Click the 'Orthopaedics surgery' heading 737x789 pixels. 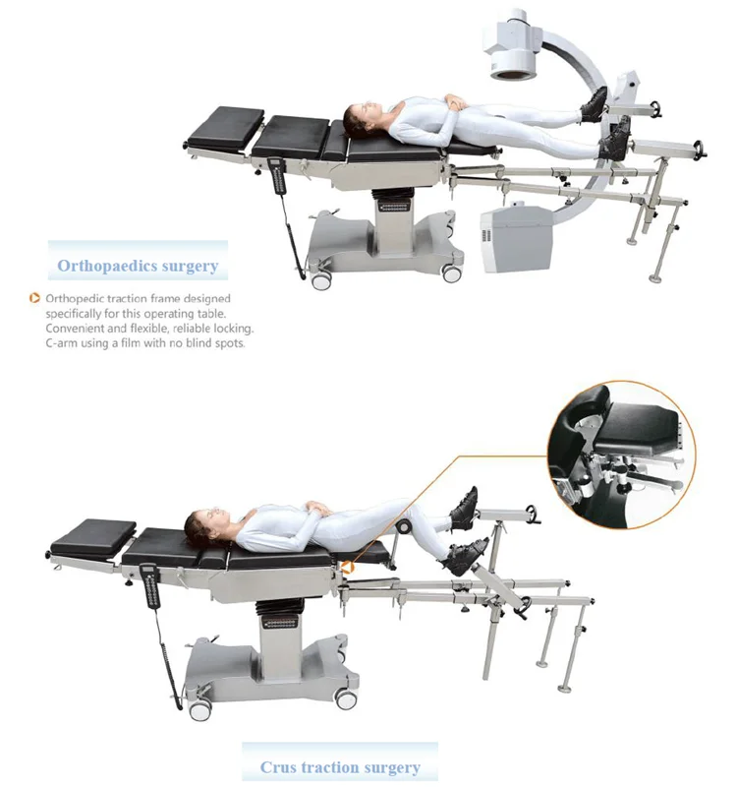[138, 266]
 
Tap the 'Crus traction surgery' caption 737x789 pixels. [340, 767]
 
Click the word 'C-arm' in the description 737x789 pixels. [63, 343]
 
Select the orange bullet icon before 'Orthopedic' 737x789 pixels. [36, 298]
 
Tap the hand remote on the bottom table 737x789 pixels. [149, 585]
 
